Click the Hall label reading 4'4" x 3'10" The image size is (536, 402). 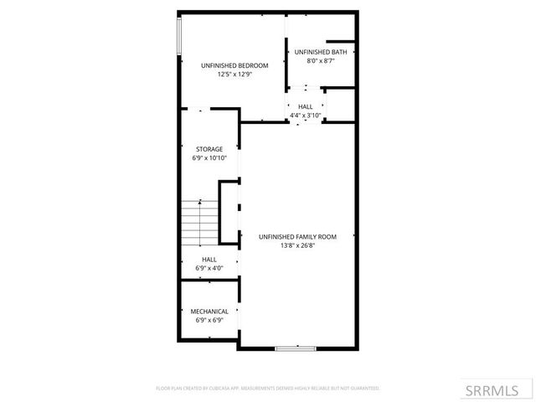tap(305, 106)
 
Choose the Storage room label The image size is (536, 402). tap(209, 149)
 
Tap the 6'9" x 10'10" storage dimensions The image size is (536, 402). tap(209, 157)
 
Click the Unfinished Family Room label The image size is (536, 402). tap(297, 237)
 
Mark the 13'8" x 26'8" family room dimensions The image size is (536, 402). tap(297, 246)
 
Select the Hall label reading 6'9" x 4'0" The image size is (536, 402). tap(209, 260)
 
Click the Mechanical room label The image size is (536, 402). tap(209, 312)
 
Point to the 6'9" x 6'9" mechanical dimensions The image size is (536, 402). tap(209, 320)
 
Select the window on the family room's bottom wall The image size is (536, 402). tap(296, 348)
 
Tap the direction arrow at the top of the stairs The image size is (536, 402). tap(200, 202)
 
